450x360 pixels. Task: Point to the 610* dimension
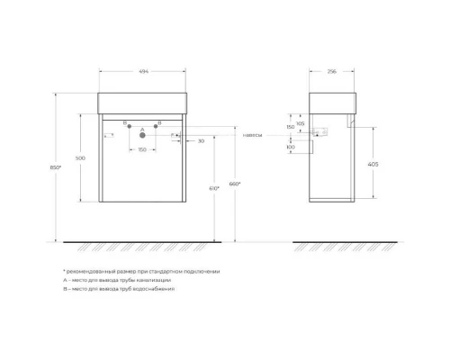[x=212, y=189]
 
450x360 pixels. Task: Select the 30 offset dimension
[x=199, y=141]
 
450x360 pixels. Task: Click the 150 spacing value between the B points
[x=142, y=150]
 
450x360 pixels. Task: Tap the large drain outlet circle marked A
[x=141, y=136]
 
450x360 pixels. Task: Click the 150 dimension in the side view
[x=290, y=128]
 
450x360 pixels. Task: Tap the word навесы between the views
[x=253, y=135]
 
